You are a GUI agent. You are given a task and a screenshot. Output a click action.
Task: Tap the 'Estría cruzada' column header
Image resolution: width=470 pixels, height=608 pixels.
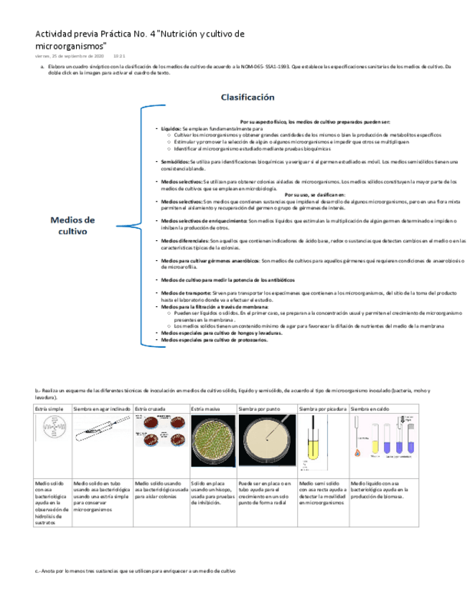click(x=151, y=408)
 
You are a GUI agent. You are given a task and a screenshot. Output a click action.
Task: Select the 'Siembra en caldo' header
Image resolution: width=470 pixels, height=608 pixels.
click(x=371, y=408)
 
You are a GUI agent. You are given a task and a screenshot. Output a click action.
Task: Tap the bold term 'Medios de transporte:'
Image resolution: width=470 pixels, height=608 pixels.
click(x=186, y=293)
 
